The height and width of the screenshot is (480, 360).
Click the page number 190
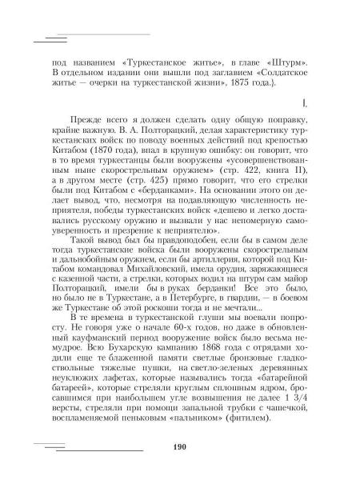[x=178, y=446]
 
